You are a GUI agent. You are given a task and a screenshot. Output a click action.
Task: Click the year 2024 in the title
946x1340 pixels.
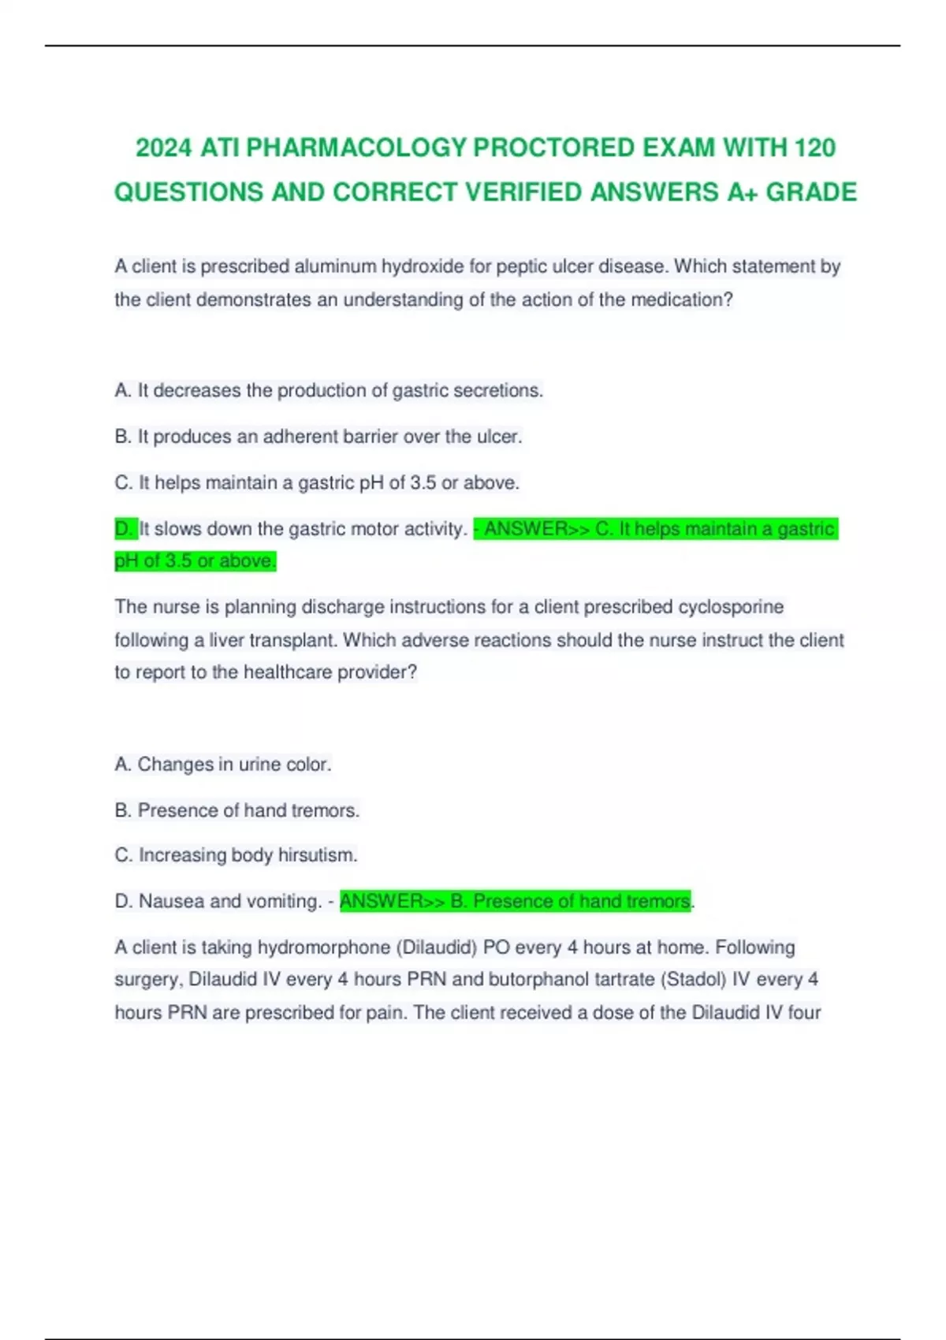[163, 147]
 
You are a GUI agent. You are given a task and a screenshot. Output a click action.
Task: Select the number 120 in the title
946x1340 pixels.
[814, 147]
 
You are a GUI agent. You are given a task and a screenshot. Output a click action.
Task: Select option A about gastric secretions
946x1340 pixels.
[329, 390]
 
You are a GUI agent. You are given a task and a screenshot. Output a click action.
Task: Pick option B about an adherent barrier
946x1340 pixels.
[318, 436]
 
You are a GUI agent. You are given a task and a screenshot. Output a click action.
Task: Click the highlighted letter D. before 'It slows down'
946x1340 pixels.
[125, 528]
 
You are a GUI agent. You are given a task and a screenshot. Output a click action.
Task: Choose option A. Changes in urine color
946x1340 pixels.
[223, 764]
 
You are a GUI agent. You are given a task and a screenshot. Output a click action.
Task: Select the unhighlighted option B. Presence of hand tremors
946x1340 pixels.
[236, 810]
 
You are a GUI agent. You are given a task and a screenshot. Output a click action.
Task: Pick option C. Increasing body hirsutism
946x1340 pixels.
[236, 854]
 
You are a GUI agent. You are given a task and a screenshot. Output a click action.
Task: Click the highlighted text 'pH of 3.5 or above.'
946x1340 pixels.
[196, 561]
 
